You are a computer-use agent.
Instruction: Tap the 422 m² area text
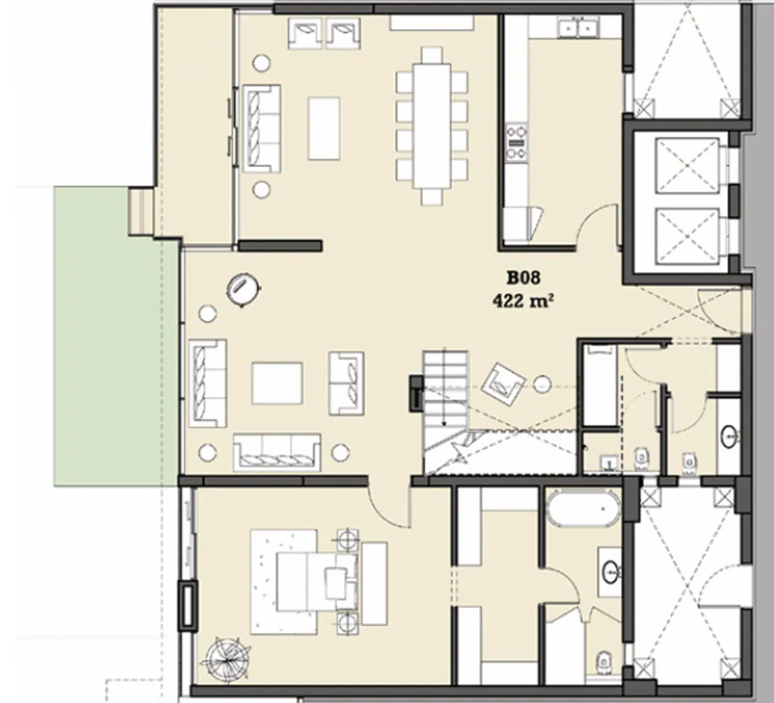519,300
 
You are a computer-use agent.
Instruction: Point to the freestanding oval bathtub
583,509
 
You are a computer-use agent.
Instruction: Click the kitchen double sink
577,28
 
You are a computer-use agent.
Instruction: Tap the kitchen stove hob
516,142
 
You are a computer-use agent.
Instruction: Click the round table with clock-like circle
244,288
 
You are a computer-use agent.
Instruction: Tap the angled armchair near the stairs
503,383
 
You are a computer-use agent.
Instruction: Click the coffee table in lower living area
277,383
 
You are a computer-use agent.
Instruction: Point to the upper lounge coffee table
323,128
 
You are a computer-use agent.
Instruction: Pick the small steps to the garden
141,211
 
